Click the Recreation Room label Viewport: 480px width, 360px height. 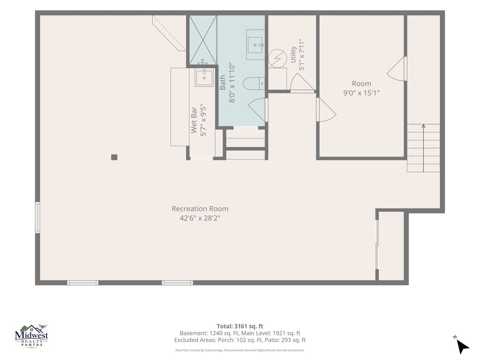[200, 209]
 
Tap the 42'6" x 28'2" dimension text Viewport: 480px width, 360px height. [200, 218]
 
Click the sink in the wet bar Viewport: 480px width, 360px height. [204, 78]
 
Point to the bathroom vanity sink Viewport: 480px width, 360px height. [255, 45]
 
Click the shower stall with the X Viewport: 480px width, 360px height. [203, 40]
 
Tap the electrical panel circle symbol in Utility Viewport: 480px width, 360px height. [278, 58]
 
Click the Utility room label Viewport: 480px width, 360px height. [293, 54]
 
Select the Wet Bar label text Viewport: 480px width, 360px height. [194, 120]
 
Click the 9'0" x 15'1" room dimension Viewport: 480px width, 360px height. [361, 93]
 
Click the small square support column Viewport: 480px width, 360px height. [114, 157]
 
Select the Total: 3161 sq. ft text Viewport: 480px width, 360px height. [240, 326]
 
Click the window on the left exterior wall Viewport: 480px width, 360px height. [38, 218]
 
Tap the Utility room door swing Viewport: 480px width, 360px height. [302, 83]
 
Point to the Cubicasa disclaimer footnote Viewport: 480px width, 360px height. [240, 350]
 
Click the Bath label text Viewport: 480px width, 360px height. [222, 82]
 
